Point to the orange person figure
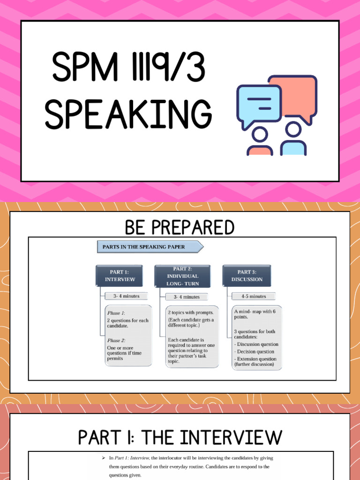tap(260, 142)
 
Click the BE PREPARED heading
tap(180, 228)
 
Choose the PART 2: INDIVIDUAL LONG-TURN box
tap(182, 276)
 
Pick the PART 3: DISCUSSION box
tap(247, 276)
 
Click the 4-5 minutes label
tap(254, 296)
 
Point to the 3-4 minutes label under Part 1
tap(122, 296)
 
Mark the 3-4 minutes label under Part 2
tap(187, 297)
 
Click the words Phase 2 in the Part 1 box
tap(116, 341)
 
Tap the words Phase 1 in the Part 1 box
tap(116, 313)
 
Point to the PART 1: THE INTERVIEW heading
tap(180, 437)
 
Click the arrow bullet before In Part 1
tap(103, 457)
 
